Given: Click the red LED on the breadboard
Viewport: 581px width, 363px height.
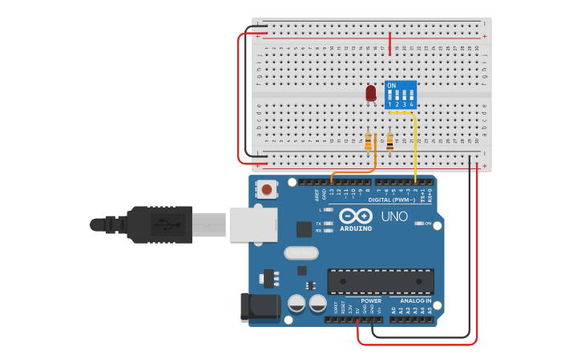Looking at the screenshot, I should coord(370,94).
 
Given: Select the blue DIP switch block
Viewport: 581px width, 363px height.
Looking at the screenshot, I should coord(400,95).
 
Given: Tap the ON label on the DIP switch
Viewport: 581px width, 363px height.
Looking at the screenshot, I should coord(391,86).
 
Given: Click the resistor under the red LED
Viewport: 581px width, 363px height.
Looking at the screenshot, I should coord(368,143).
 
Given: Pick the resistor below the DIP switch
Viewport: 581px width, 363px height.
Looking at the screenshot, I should coord(389,142).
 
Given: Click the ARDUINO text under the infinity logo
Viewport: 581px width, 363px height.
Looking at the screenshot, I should coord(356,228).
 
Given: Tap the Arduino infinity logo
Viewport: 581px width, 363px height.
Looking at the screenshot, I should coord(355,216).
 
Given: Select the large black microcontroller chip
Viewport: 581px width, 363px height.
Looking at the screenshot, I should coord(380,281).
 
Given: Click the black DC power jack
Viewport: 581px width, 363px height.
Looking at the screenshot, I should coord(259,308).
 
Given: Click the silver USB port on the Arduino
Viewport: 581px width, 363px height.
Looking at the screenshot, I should coord(252,224).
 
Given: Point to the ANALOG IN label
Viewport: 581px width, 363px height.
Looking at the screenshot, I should coord(416,300).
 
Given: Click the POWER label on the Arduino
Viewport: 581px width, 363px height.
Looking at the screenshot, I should coord(371,300).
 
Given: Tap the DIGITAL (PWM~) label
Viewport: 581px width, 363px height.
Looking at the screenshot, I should coord(392,200).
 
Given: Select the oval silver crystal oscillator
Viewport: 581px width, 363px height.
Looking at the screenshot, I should coord(301,253).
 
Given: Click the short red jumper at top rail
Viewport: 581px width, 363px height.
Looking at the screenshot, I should coord(389,43).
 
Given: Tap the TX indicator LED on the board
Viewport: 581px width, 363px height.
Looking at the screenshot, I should coord(328,224).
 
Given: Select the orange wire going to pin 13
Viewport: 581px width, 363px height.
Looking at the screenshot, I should coord(353,171).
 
